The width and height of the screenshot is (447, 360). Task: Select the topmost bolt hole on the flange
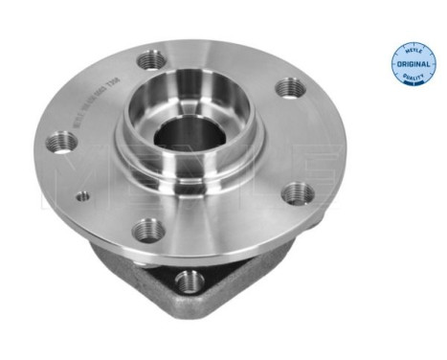pyautogui.click(x=148, y=59)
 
